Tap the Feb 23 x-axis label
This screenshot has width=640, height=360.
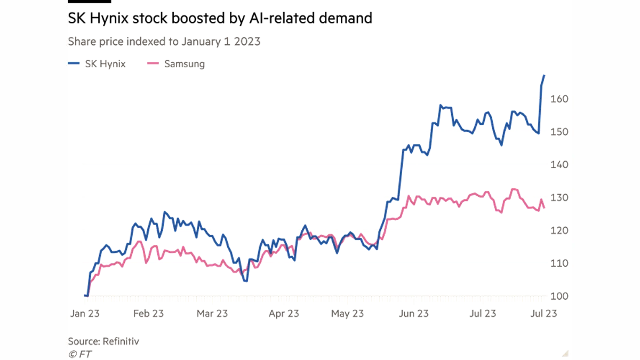tap(149, 314)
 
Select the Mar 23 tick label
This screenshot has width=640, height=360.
tap(213, 314)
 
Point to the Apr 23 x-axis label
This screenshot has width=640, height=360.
tap(283, 314)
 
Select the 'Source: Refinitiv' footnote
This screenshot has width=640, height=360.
tap(104, 340)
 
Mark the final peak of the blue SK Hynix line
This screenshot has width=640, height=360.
tap(545, 74)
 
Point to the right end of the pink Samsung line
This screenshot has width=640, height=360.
tap(544, 206)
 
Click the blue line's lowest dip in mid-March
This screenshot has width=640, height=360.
tap(245, 281)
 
